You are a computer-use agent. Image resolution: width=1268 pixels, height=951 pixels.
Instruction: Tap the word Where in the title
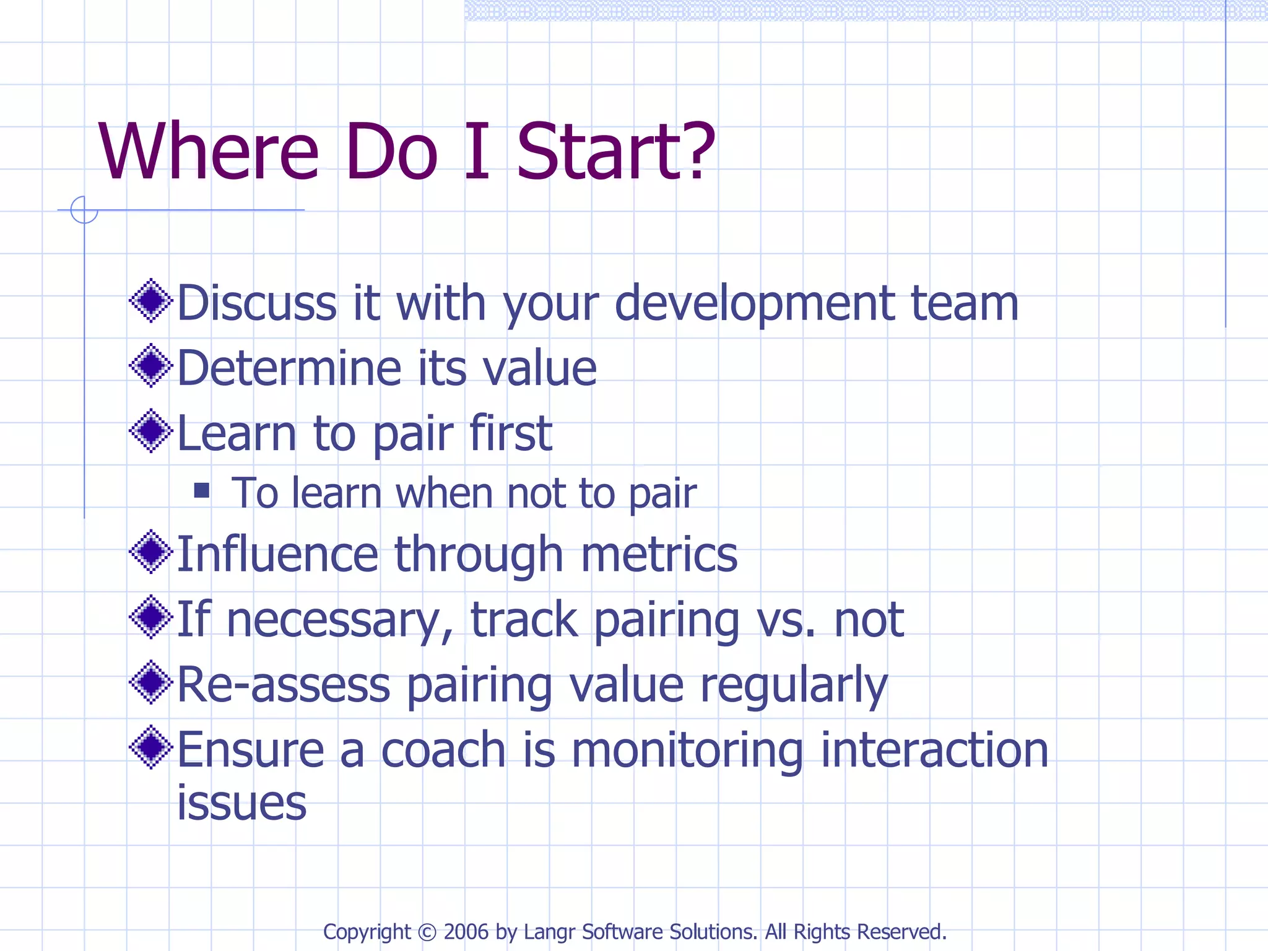pos(208,152)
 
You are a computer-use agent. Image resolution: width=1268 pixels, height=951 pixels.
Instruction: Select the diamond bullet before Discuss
pos(150,302)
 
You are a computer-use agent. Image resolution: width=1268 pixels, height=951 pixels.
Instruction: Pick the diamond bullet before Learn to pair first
pos(150,431)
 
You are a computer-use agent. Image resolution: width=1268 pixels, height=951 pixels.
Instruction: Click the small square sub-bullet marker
pos(201,491)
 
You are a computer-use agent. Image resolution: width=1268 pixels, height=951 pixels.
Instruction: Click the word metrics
pos(659,554)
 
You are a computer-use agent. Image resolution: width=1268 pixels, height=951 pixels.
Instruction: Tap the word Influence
pos(277,554)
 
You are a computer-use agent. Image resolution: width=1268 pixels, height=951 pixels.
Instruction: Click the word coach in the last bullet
pos(443,750)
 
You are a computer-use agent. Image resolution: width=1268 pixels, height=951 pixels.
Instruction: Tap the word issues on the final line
pos(241,803)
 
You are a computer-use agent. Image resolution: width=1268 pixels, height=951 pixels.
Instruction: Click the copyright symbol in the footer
pos(427,932)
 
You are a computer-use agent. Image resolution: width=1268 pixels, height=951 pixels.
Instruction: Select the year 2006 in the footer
pos(466,932)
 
